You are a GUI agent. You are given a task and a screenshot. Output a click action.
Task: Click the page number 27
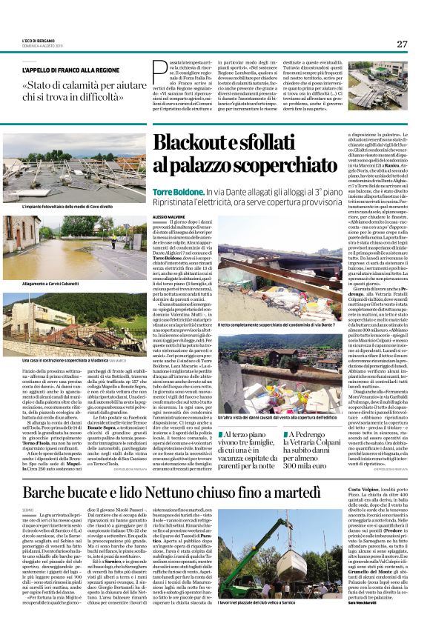(x=401, y=44)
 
